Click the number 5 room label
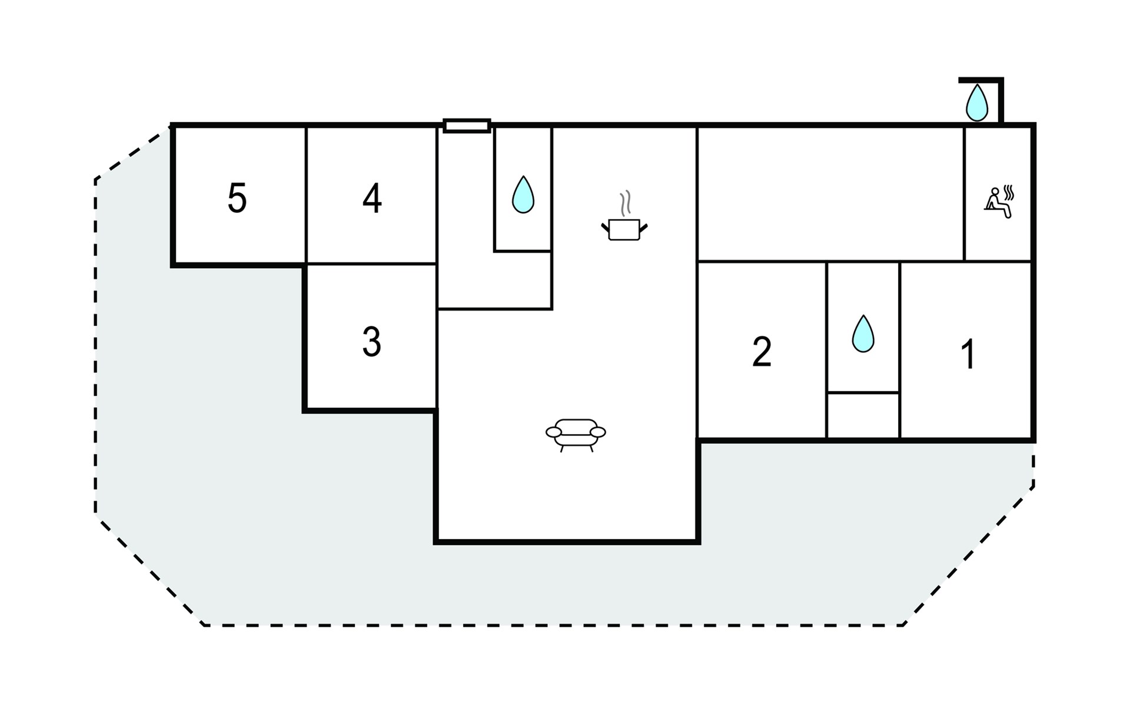point(237,199)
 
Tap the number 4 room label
point(372,199)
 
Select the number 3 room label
point(371,342)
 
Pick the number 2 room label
point(762,352)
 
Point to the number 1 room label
point(968,354)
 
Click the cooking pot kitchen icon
point(624,229)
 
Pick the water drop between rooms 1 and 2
point(863,333)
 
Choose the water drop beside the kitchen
point(523,194)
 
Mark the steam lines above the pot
point(626,202)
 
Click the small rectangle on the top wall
point(467,125)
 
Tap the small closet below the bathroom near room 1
point(863,415)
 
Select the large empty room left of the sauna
point(830,193)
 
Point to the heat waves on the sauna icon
point(1009,193)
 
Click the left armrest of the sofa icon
point(554,432)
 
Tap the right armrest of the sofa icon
point(598,432)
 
